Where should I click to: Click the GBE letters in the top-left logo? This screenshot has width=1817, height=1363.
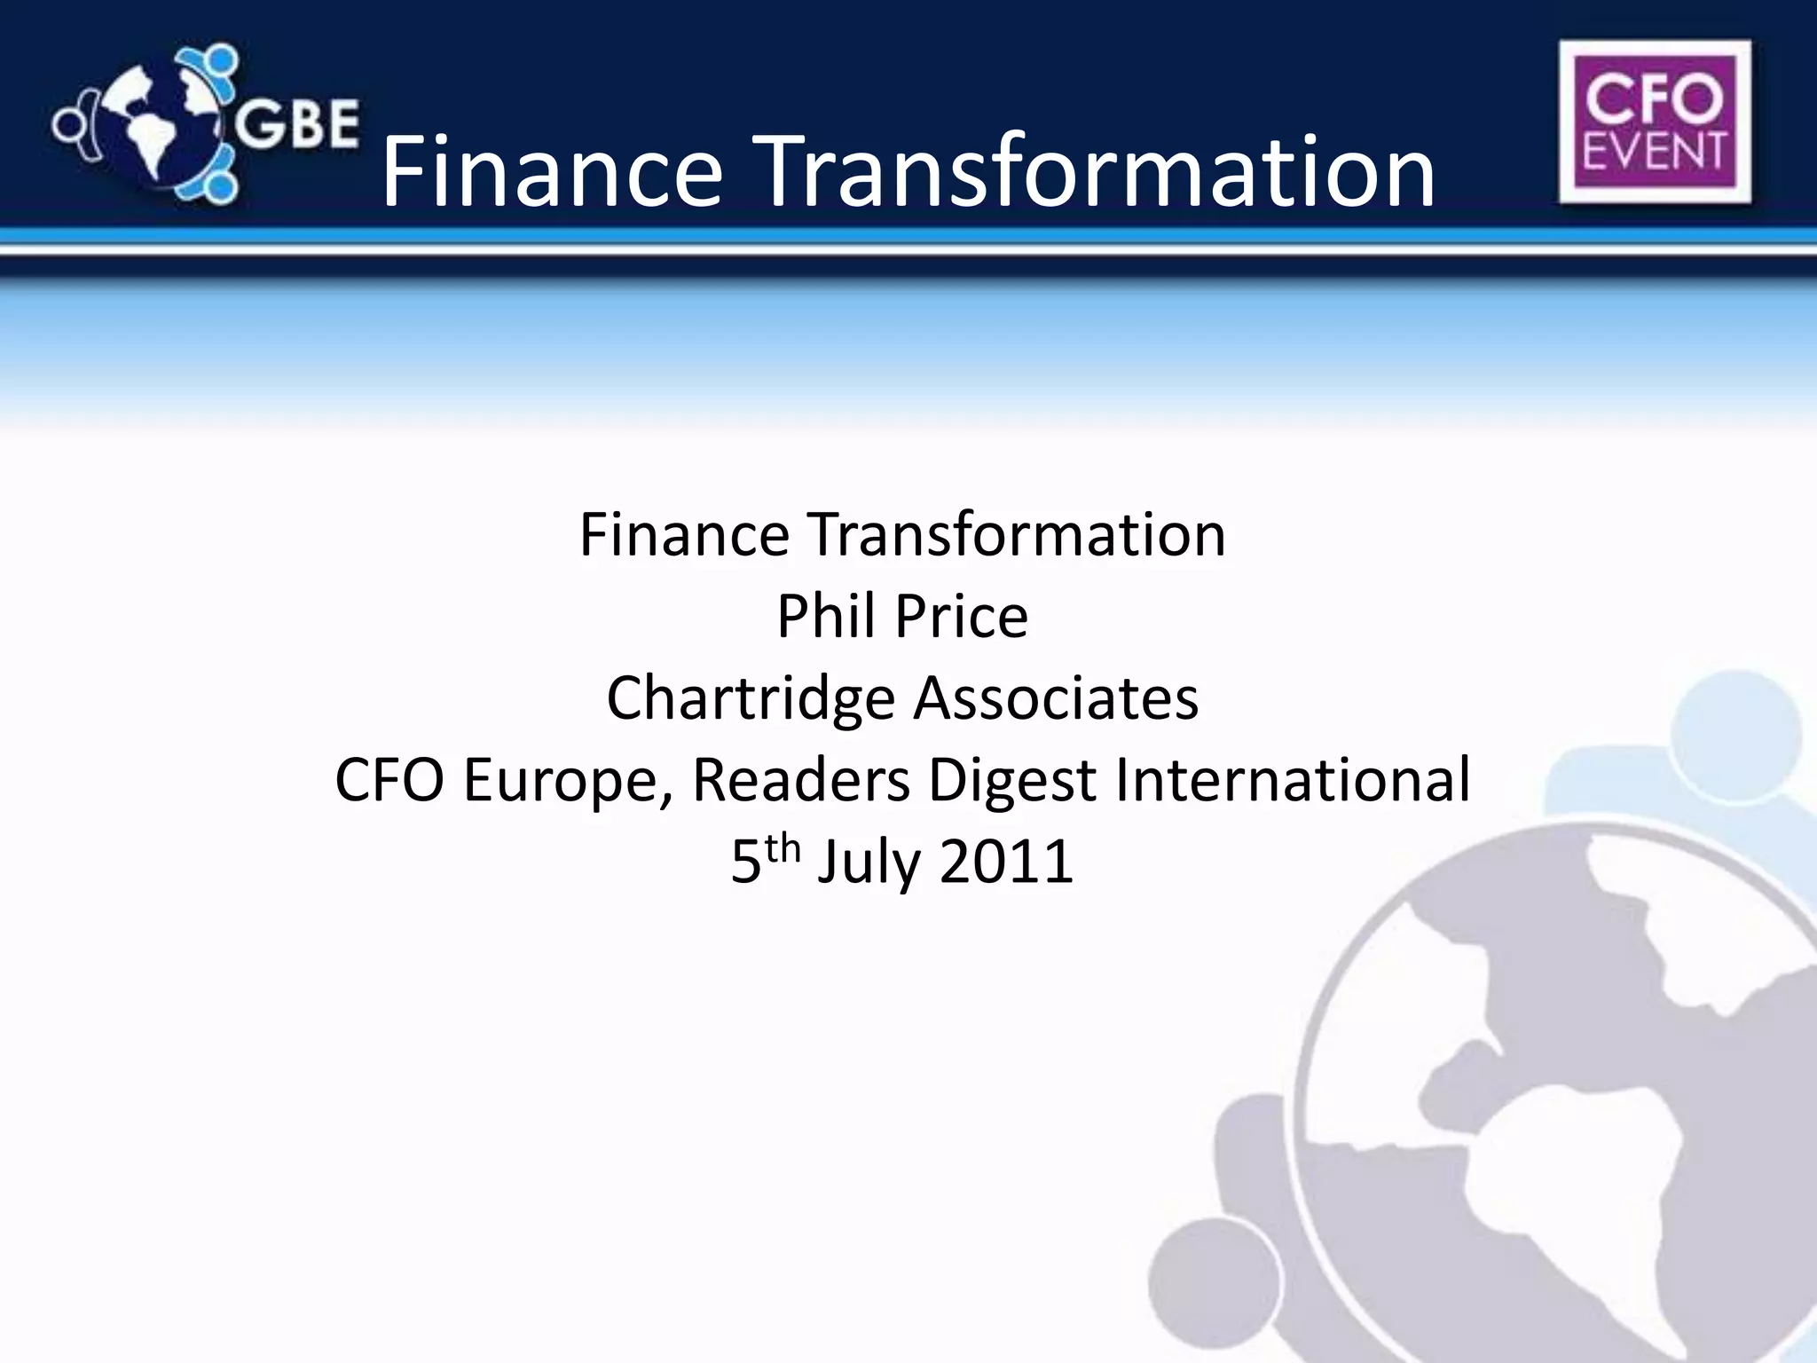click(x=296, y=125)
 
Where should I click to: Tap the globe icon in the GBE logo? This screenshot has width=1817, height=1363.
click(x=165, y=125)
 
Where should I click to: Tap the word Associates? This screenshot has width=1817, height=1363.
click(x=1056, y=697)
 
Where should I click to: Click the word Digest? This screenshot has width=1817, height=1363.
click(x=1011, y=781)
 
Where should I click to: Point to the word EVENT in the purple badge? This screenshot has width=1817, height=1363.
click(x=1654, y=151)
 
